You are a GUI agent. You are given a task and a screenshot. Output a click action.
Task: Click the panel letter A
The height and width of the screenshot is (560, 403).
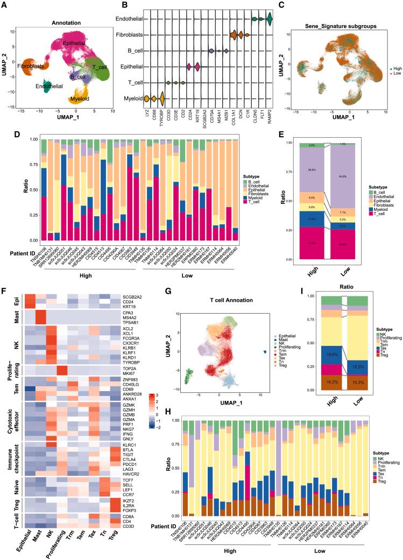[x=4, y=5]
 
